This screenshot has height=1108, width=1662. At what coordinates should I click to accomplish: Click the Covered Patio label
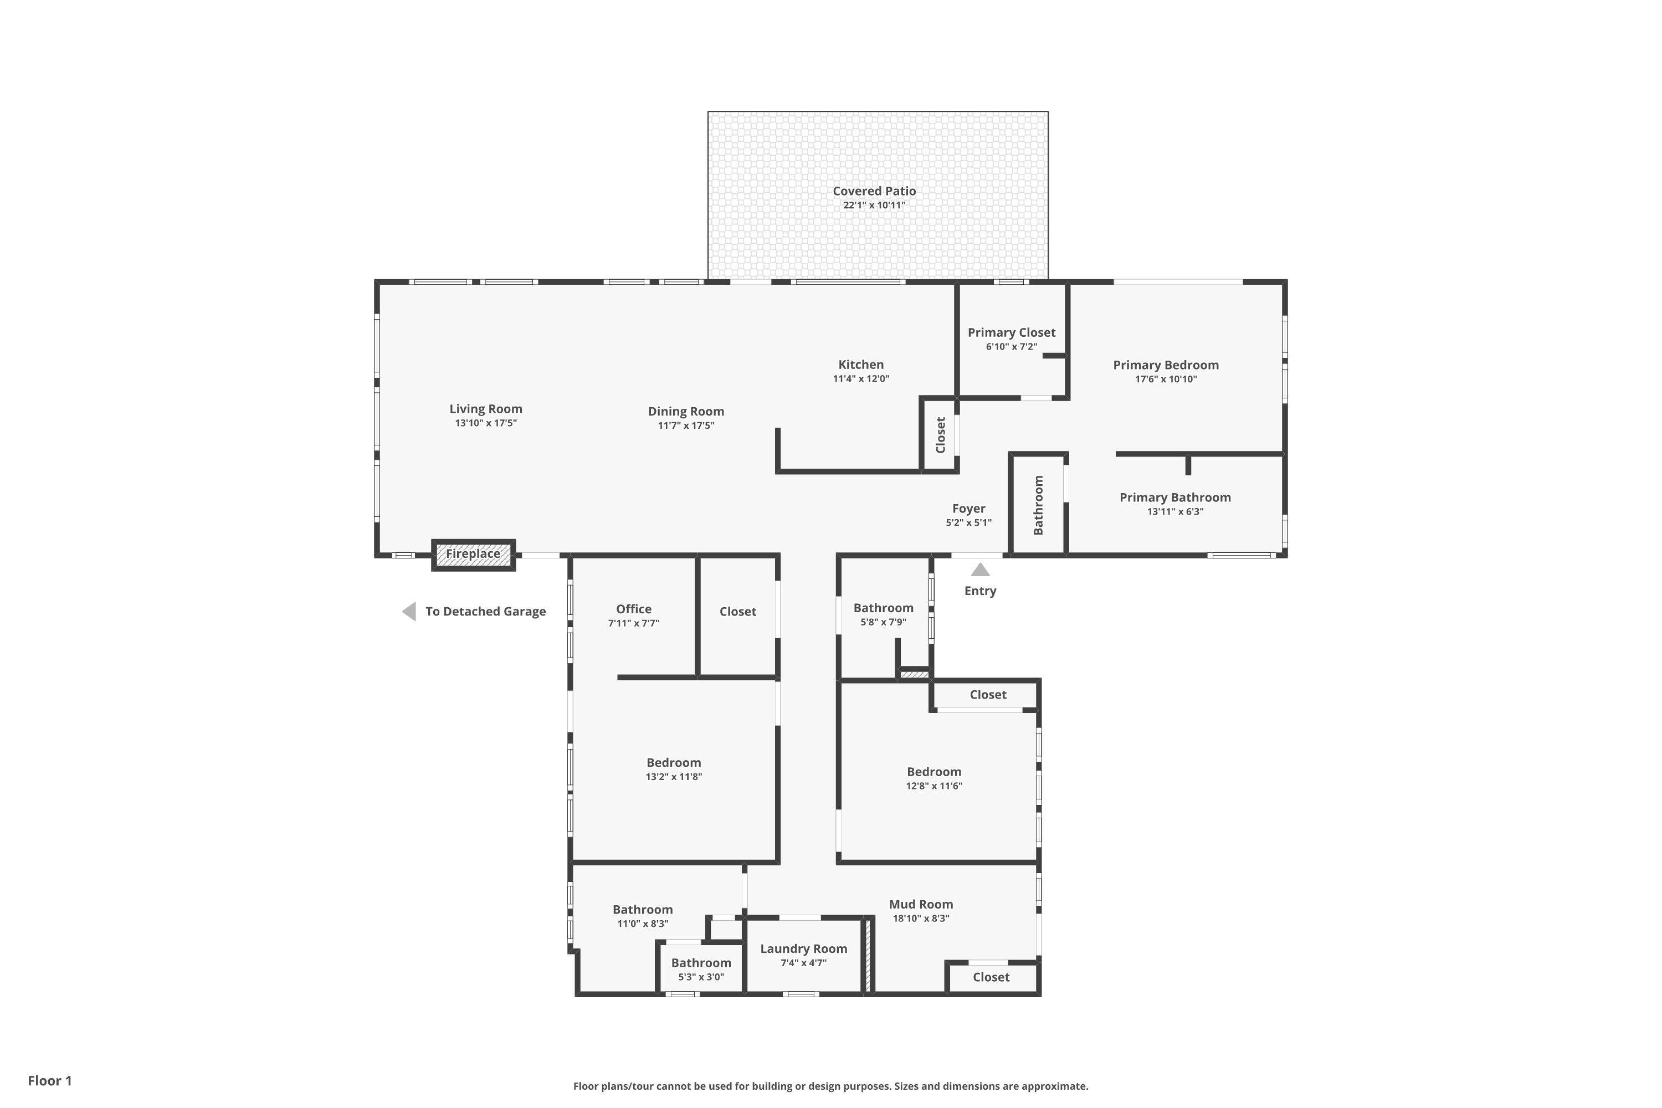point(874,191)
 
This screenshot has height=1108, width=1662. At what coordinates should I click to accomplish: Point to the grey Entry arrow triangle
point(980,570)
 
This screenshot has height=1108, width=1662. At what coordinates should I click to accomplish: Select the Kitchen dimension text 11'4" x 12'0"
point(861,379)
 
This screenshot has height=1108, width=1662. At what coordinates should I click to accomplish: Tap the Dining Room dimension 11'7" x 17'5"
point(686,425)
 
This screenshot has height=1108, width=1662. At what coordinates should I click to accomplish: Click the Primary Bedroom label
point(1166,365)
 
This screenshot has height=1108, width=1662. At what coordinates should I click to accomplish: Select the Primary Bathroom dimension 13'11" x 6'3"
point(1175,511)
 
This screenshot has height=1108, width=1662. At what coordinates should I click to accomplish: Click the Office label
point(634,609)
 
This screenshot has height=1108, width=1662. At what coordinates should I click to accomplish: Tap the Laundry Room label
point(803,948)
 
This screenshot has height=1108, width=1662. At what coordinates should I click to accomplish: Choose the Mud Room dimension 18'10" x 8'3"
point(921,919)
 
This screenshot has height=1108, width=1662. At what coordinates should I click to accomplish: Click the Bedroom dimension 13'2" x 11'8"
point(674,777)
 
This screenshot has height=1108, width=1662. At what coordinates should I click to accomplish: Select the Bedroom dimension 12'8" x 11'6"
point(934,786)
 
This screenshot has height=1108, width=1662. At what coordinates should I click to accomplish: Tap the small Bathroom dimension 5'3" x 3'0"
point(701,977)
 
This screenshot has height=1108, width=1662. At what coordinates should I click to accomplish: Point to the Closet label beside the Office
point(738,611)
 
